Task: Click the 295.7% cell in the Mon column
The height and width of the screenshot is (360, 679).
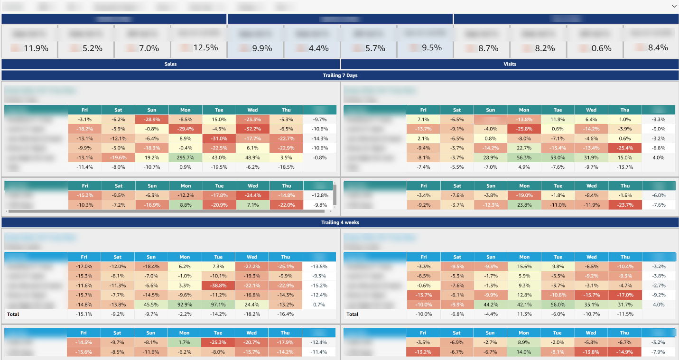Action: tap(185, 157)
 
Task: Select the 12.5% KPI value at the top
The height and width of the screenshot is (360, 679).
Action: tap(205, 48)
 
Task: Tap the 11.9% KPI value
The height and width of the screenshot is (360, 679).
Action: tap(36, 48)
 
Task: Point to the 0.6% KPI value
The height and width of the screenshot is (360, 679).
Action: tap(602, 48)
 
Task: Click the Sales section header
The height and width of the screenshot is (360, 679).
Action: tap(170, 64)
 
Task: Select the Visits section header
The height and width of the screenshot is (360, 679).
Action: tap(510, 64)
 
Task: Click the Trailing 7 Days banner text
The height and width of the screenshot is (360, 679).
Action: tap(340, 75)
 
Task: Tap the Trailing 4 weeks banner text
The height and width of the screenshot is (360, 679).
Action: tap(340, 222)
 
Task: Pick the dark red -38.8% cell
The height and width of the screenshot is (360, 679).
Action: tap(219, 286)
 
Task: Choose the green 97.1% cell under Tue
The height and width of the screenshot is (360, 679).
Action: tap(219, 305)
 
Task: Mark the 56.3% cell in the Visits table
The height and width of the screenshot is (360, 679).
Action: tap(524, 157)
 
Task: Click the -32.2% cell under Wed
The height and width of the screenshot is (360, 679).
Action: tap(252, 129)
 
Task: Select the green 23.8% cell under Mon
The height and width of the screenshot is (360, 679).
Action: tap(524, 205)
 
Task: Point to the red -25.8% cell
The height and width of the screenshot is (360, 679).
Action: tap(524, 129)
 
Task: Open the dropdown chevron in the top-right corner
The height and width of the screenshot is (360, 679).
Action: tap(674, 6)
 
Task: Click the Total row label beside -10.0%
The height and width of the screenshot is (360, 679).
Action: tap(353, 314)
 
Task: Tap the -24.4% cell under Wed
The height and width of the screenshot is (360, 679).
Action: tap(252, 195)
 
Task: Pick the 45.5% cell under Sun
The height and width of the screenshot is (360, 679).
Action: tap(151, 305)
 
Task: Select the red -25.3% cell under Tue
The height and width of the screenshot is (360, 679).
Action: tap(218, 342)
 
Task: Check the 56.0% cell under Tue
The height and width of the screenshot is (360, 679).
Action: tap(558, 305)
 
